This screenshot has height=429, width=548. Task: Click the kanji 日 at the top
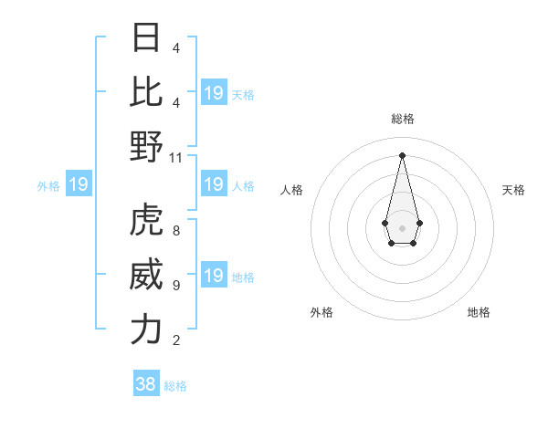click(x=146, y=37)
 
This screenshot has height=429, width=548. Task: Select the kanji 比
click(x=146, y=91)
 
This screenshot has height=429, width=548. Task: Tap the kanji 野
click(x=146, y=146)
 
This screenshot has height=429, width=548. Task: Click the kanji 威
click(x=146, y=275)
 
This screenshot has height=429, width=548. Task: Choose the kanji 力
click(x=146, y=330)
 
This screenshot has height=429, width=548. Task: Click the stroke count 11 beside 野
click(x=176, y=158)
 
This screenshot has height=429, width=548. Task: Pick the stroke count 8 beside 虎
click(x=175, y=231)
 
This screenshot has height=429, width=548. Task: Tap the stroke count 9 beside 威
click(x=175, y=286)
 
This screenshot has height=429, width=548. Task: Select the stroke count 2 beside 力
click(x=175, y=340)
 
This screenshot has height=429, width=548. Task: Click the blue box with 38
click(x=146, y=384)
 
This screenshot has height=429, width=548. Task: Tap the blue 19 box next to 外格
click(x=79, y=185)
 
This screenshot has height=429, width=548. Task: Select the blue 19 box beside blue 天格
click(x=214, y=93)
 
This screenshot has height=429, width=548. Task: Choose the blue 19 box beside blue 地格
click(x=214, y=277)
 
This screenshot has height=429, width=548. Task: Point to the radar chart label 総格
click(x=402, y=119)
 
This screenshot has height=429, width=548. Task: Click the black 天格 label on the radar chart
click(x=513, y=190)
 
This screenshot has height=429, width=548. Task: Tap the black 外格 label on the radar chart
click(x=321, y=312)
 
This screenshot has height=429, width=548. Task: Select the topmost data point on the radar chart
click(x=402, y=154)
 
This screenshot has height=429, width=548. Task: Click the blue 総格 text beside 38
click(x=175, y=386)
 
